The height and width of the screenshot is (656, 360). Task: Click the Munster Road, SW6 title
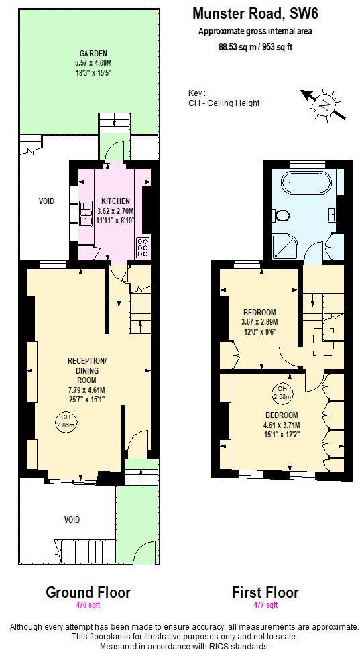(255, 13)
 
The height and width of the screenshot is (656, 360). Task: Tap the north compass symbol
(324, 103)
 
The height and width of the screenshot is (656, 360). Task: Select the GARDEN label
(95, 54)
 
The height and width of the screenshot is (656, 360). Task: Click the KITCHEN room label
(116, 201)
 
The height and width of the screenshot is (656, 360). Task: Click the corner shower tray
(286, 247)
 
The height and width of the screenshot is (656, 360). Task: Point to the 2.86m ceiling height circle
(64, 423)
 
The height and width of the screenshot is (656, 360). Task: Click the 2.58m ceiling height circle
(282, 392)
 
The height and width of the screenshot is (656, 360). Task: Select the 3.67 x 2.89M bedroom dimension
(259, 322)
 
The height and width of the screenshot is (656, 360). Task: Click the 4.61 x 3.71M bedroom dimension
(281, 425)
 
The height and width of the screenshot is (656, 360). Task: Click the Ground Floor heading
(88, 593)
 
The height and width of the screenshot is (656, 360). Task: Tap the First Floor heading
(265, 593)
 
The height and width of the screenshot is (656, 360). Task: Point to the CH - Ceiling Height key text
(224, 103)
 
